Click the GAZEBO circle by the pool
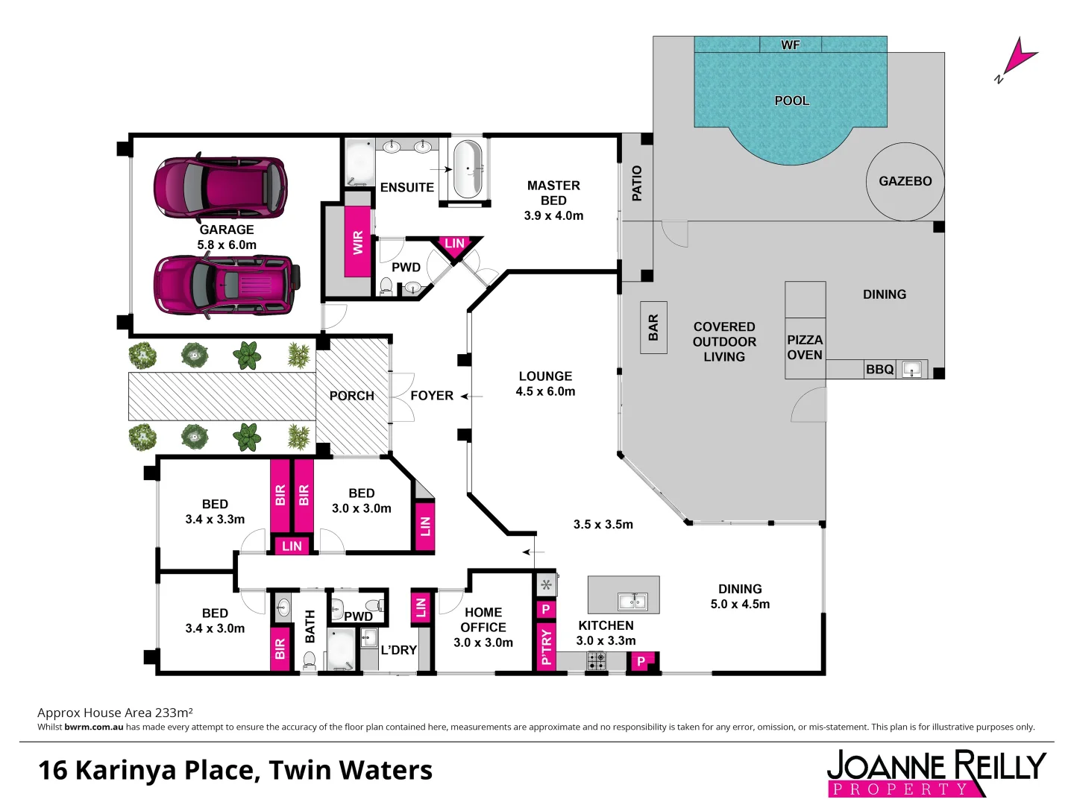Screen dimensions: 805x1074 pos(905,181)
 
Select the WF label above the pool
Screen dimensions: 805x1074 pos(791,45)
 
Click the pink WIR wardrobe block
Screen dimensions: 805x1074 pos(358,242)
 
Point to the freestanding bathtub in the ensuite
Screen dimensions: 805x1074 pos(468,169)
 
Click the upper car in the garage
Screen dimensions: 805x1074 pos(220,186)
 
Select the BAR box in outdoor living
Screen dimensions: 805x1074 pos(653,327)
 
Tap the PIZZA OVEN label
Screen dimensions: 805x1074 pos(805,347)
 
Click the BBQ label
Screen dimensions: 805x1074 pos(879,369)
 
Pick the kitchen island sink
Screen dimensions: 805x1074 pos(632,601)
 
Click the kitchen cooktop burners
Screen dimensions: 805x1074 pos(596,660)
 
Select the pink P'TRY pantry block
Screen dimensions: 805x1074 pos(546,646)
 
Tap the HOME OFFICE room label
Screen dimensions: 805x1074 pos(483,619)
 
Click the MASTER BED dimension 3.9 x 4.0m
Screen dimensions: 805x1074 pos(553,215)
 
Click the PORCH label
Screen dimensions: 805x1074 pos(352,396)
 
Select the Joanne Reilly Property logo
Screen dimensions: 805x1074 pos(936,773)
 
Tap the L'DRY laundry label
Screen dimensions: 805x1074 pos(398,650)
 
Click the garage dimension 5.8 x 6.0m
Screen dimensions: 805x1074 pos(227,244)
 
